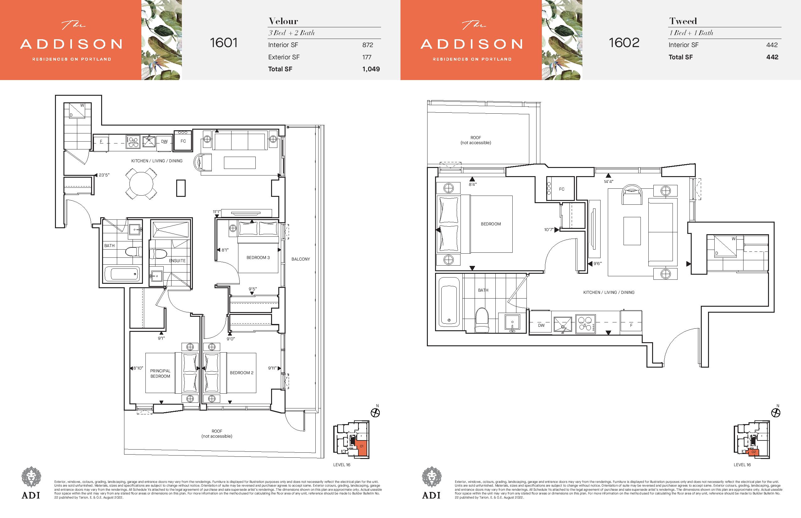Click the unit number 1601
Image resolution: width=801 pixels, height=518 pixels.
[224, 43]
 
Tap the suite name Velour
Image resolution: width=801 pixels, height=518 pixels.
[283, 21]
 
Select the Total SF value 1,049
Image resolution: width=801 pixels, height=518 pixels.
[371, 69]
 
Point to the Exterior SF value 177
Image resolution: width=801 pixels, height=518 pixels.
[367, 57]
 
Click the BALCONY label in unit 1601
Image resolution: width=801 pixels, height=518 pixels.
[301, 259]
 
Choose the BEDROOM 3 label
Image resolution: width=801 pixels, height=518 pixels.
[258, 258]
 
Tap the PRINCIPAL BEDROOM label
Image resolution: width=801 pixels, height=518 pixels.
[160, 373]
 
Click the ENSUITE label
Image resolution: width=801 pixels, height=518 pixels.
[177, 261]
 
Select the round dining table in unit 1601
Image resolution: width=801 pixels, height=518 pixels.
[141, 184]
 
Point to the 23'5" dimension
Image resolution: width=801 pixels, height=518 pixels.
[104, 175]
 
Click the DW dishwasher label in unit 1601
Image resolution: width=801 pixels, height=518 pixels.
[164, 141]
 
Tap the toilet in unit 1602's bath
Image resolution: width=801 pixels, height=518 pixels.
[482, 320]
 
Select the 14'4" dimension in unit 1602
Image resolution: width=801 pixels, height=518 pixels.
[608, 182]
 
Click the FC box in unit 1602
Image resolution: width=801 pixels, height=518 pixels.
[560, 189]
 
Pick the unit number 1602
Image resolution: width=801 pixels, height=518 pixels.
[624, 43]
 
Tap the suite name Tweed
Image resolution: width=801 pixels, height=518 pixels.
[683, 21]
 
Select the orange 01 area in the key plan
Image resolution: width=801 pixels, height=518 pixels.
[361, 447]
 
